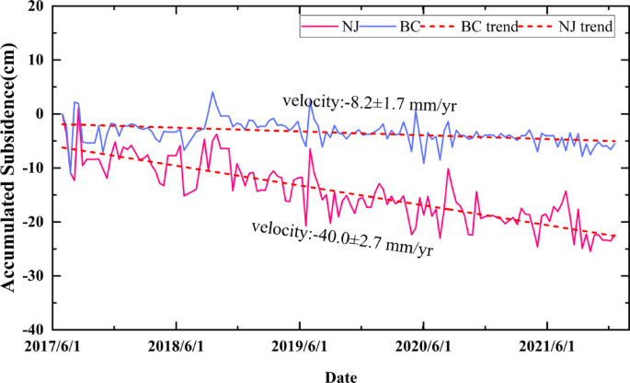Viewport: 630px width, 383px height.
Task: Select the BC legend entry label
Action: click(x=411, y=27)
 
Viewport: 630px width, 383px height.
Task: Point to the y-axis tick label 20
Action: click(x=35, y=6)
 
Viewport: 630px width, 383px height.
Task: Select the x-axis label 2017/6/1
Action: click(x=52, y=348)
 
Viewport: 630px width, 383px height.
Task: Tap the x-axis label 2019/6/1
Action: click(x=300, y=348)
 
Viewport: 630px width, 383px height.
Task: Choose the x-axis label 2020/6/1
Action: click(x=424, y=348)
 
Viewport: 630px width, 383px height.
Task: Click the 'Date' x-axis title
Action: click(x=341, y=375)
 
